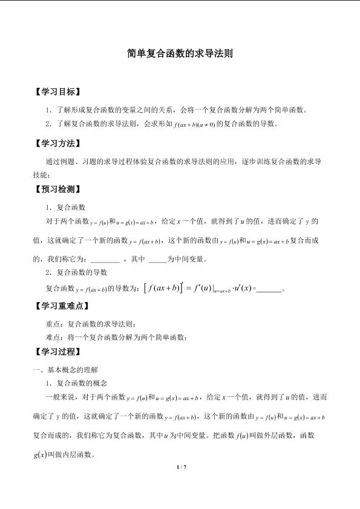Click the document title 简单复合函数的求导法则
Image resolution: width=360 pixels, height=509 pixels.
coord(180,53)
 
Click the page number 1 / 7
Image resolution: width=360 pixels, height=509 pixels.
coord(180,467)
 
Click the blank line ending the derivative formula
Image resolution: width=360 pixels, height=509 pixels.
coord(270,289)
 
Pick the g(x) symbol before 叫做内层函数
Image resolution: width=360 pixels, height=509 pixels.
coord(39,453)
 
